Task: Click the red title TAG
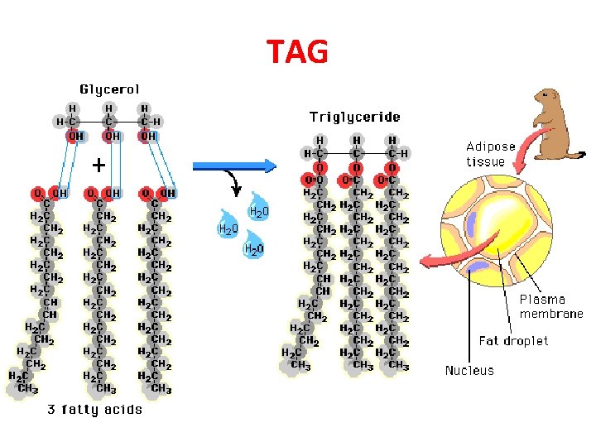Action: [297, 52]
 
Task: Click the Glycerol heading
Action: [109, 89]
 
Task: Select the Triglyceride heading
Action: [354, 117]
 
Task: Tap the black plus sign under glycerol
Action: [99, 166]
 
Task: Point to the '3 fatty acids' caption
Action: [94, 409]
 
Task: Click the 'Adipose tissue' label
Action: [490, 154]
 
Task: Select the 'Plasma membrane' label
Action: [550, 306]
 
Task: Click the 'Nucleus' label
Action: [469, 370]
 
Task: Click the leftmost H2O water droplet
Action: [228, 227]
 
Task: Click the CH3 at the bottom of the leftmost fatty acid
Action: [28, 388]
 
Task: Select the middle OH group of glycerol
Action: [111, 136]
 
